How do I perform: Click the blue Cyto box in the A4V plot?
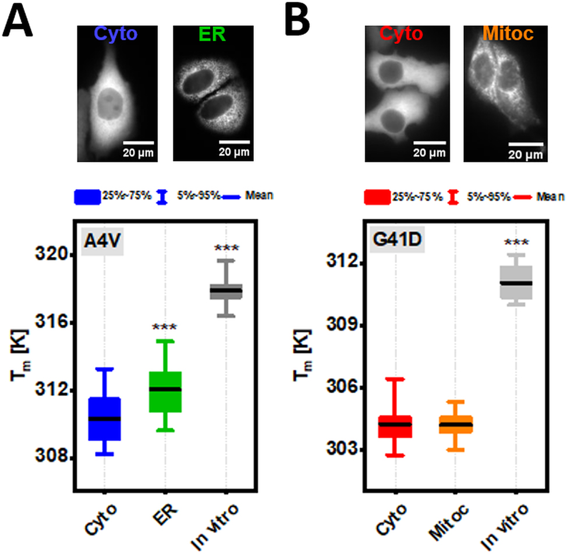coord(104,419)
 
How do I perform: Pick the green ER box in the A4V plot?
coord(165,392)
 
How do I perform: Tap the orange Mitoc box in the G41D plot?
coord(455,424)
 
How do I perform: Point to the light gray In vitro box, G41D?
coord(516,283)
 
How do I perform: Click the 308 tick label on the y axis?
coord(54,458)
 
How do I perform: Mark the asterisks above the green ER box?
coord(165,327)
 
